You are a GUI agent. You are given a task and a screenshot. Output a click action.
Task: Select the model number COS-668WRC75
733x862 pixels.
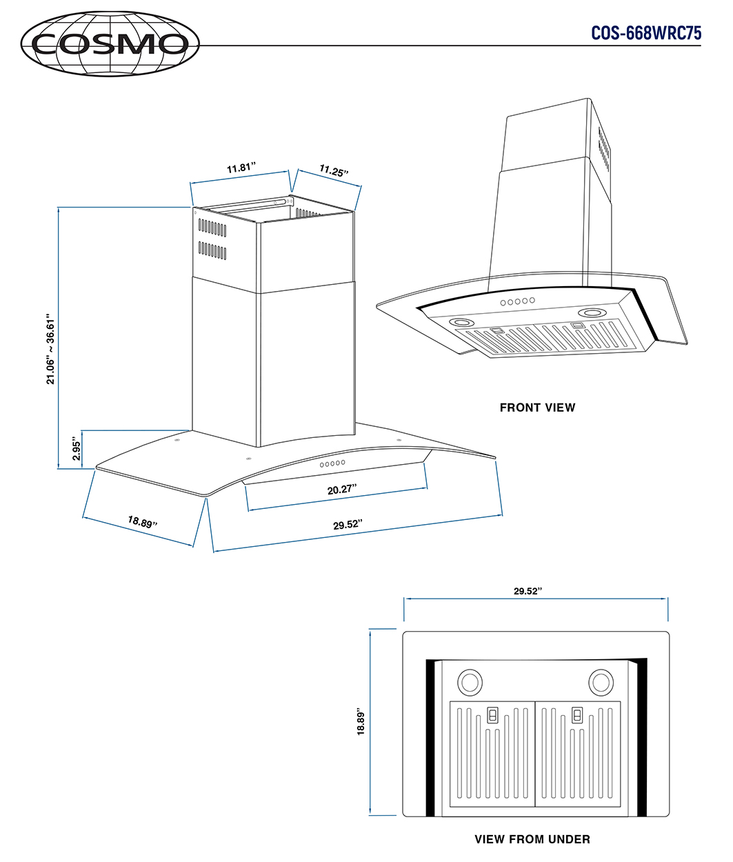645,33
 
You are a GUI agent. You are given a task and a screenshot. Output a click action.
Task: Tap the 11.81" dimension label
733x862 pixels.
241,168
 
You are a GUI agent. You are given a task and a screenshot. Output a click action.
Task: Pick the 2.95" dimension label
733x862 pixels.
77,449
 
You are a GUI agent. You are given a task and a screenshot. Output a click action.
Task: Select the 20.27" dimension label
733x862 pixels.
342,490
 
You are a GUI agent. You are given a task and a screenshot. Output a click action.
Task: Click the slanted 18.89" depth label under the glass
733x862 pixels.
142,522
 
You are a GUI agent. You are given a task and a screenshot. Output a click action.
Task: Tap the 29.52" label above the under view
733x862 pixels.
528,591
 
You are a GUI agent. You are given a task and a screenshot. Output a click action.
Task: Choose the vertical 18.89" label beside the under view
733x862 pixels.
361,722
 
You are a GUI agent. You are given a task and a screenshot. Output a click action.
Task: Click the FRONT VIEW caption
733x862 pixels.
537,408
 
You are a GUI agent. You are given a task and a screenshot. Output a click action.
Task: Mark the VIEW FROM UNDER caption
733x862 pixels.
532,839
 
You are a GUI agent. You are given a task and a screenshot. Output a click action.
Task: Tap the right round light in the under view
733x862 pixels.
601,682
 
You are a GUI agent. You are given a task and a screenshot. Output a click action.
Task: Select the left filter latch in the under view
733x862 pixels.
493,714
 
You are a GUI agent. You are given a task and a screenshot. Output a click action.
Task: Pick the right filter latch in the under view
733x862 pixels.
577,714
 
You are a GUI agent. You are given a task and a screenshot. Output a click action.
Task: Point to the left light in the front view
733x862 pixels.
461,323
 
